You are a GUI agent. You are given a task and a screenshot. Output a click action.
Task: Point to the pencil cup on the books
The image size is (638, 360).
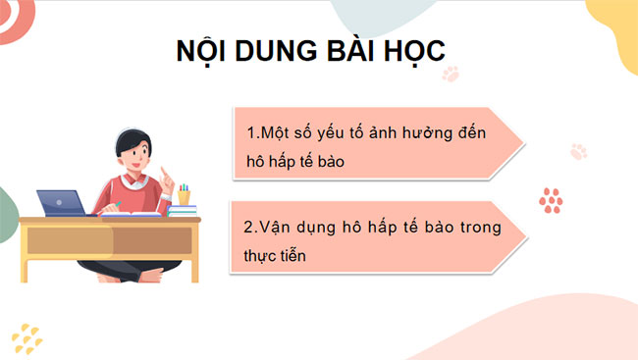(x=185, y=193)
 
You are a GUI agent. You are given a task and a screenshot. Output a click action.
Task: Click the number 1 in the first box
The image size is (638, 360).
(x=250, y=131)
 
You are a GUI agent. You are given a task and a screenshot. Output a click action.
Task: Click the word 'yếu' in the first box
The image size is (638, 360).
(x=346, y=131)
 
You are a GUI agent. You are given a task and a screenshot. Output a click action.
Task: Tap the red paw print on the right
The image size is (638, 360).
(x=551, y=199)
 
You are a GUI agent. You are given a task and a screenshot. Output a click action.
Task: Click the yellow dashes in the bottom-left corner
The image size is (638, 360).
(x=29, y=337)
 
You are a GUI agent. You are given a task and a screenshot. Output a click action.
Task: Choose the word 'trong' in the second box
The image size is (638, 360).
(x=477, y=228)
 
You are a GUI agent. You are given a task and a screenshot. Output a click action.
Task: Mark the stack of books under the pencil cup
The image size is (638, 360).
(x=183, y=210)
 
